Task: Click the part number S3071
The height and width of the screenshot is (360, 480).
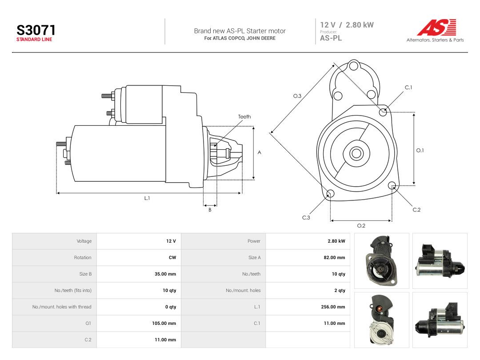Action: coord(36,30)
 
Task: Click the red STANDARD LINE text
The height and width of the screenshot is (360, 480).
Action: coord(34,40)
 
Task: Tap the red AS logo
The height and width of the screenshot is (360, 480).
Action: coord(437,27)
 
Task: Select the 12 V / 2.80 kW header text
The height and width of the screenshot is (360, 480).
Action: coord(347,25)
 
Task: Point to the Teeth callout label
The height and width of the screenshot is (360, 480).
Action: coord(244,116)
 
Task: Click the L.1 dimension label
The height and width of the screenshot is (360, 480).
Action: coord(147,198)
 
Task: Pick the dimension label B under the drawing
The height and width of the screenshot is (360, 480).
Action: coord(210,210)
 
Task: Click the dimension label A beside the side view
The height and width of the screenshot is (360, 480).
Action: coord(259,152)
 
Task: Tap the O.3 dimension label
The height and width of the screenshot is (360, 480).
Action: coord(297,96)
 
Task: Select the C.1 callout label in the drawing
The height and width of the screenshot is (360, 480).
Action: coord(408,88)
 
